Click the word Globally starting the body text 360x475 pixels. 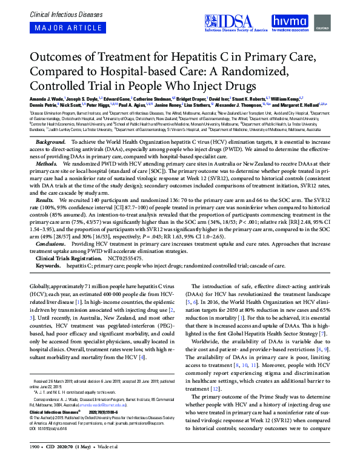pos(40,285)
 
